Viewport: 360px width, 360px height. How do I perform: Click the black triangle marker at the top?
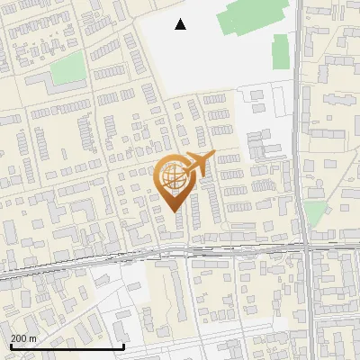coord(181,24)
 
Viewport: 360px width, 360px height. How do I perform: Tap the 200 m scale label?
coord(23,338)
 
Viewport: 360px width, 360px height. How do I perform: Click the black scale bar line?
coord(67,347)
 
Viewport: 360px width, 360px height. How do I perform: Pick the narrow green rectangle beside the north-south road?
coord(280,51)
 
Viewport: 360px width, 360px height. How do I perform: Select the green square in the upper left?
coord(67,67)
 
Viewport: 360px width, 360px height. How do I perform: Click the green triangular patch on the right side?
coord(314,212)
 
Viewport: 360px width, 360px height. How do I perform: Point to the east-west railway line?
coord(135,256)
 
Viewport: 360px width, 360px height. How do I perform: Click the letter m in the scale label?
coord(33,338)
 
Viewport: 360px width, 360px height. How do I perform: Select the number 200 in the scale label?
coord(19,338)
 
